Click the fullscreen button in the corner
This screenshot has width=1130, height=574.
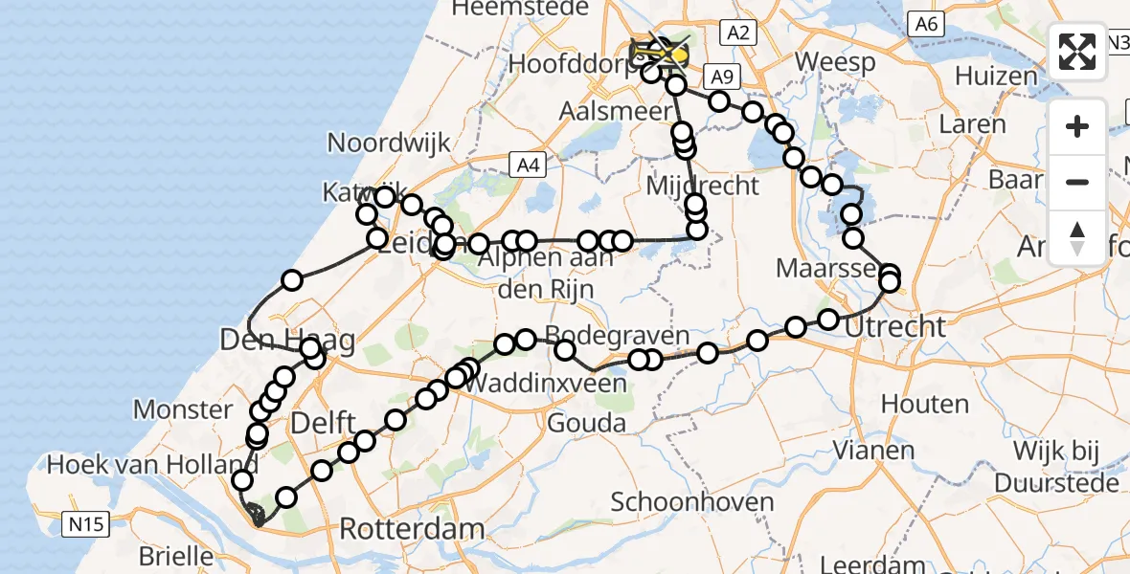[x=1077, y=52]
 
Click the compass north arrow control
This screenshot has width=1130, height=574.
[x=1077, y=237]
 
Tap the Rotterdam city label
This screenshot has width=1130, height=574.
[x=412, y=529]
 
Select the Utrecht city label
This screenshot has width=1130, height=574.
[x=895, y=327]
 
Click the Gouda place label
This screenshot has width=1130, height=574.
[x=587, y=423]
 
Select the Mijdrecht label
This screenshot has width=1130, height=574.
[x=702, y=186]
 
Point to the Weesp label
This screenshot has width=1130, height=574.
[x=834, y=63]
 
